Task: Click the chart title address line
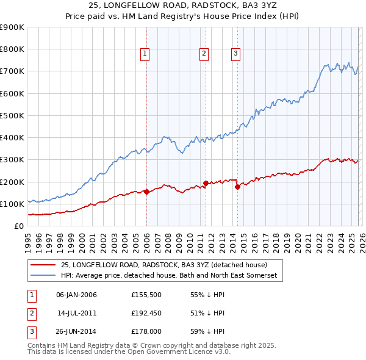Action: click(183, 5)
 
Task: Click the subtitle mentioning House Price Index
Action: click(183, 16)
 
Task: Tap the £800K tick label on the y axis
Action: click(12, 49)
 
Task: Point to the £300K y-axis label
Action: click(12, 160)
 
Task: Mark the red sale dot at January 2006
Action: click(146, 192)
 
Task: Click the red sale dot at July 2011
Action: click(206, 183)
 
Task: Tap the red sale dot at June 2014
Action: click(237, 187)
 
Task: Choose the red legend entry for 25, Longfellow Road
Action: click(163, 265)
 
